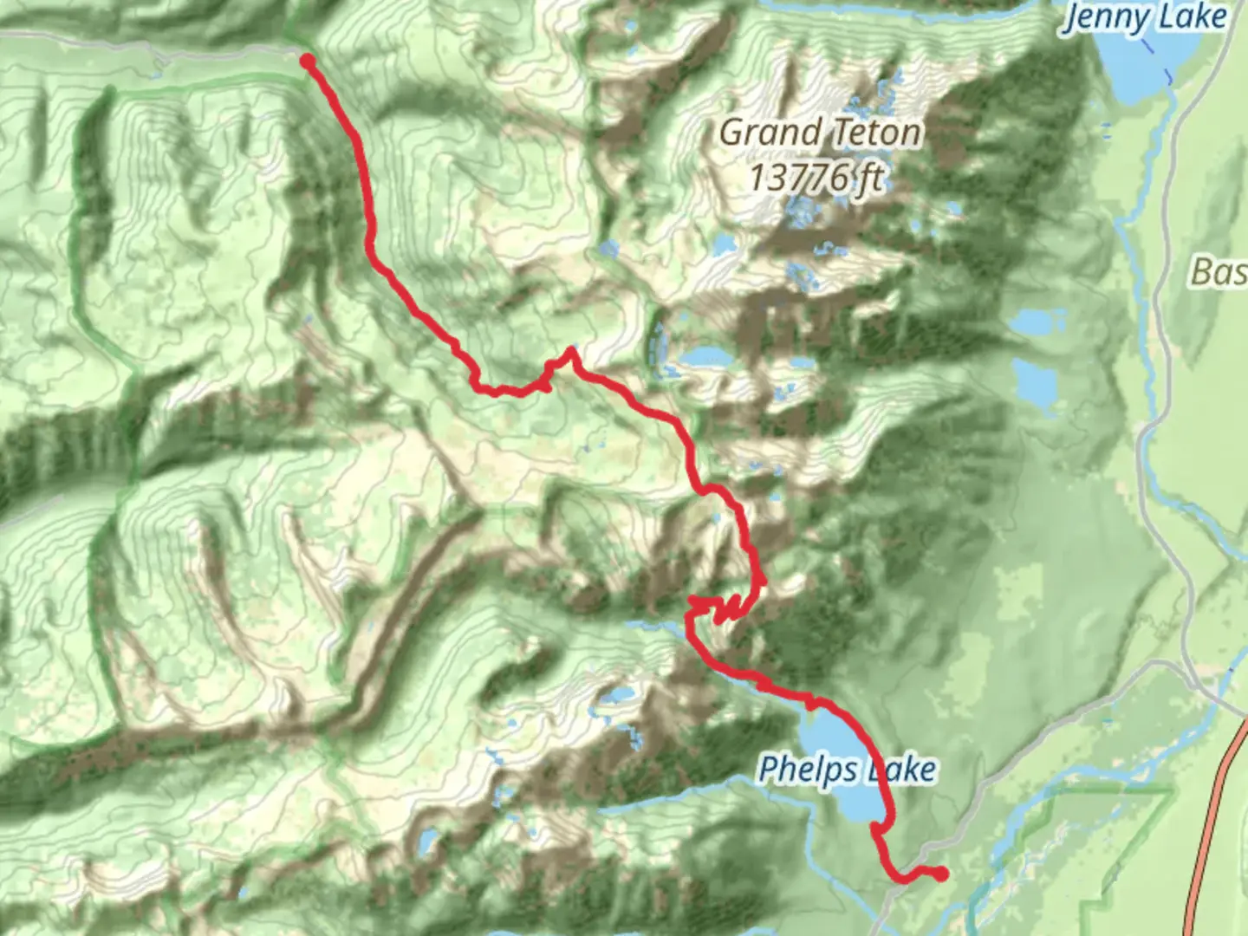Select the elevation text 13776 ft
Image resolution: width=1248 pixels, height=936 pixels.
coord(815,178)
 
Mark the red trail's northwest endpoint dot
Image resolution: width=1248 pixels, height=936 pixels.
coord(307,60)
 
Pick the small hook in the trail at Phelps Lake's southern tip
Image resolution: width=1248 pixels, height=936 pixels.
coord(877,829)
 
